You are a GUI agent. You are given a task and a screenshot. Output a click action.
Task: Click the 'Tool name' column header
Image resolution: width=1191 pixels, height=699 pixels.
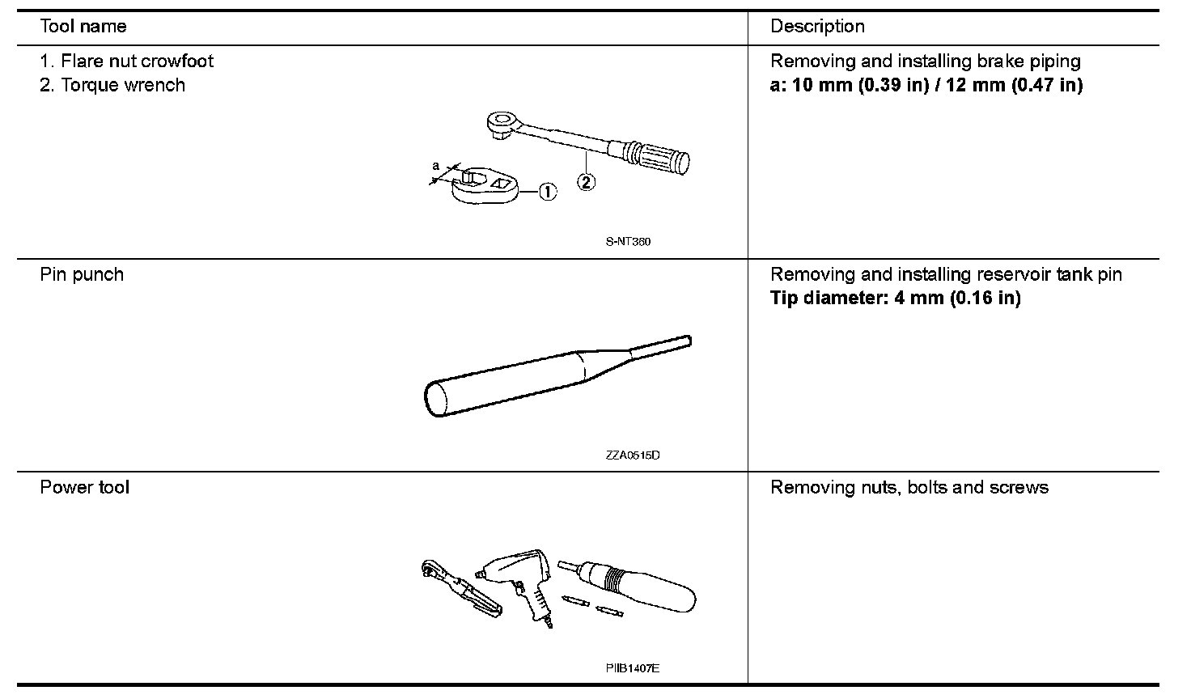83,27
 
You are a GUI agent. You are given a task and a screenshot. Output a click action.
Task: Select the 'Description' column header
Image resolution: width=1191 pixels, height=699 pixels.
817,27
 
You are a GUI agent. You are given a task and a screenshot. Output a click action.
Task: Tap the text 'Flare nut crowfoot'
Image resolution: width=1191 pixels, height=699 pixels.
137,61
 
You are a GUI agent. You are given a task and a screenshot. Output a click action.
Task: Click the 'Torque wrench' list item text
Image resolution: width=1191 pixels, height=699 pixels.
123,86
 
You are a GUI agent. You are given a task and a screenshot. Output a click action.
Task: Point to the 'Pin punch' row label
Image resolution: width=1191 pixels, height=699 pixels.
82,275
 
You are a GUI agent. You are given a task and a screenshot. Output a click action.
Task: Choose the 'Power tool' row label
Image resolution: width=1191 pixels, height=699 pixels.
84,488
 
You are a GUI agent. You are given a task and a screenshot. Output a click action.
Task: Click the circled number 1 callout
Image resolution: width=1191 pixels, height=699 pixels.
548,192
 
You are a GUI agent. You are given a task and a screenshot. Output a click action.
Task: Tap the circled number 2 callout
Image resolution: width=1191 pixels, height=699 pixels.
587,182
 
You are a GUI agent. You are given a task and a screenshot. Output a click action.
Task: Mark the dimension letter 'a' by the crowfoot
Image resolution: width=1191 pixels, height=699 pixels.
436,167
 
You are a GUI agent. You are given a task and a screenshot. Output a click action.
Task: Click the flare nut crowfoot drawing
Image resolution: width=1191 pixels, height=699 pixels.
483,184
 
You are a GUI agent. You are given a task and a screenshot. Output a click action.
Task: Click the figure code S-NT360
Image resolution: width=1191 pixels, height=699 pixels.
628,242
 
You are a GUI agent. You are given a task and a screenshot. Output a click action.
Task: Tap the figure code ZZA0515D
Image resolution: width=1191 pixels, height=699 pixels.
632,455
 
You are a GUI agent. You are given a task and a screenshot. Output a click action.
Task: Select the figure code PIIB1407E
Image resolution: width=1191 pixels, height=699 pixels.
632,668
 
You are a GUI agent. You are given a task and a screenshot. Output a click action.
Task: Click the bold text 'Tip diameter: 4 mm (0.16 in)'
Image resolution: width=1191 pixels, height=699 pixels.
895,299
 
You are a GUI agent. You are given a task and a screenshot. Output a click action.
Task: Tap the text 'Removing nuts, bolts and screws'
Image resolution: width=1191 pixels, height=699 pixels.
909,488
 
